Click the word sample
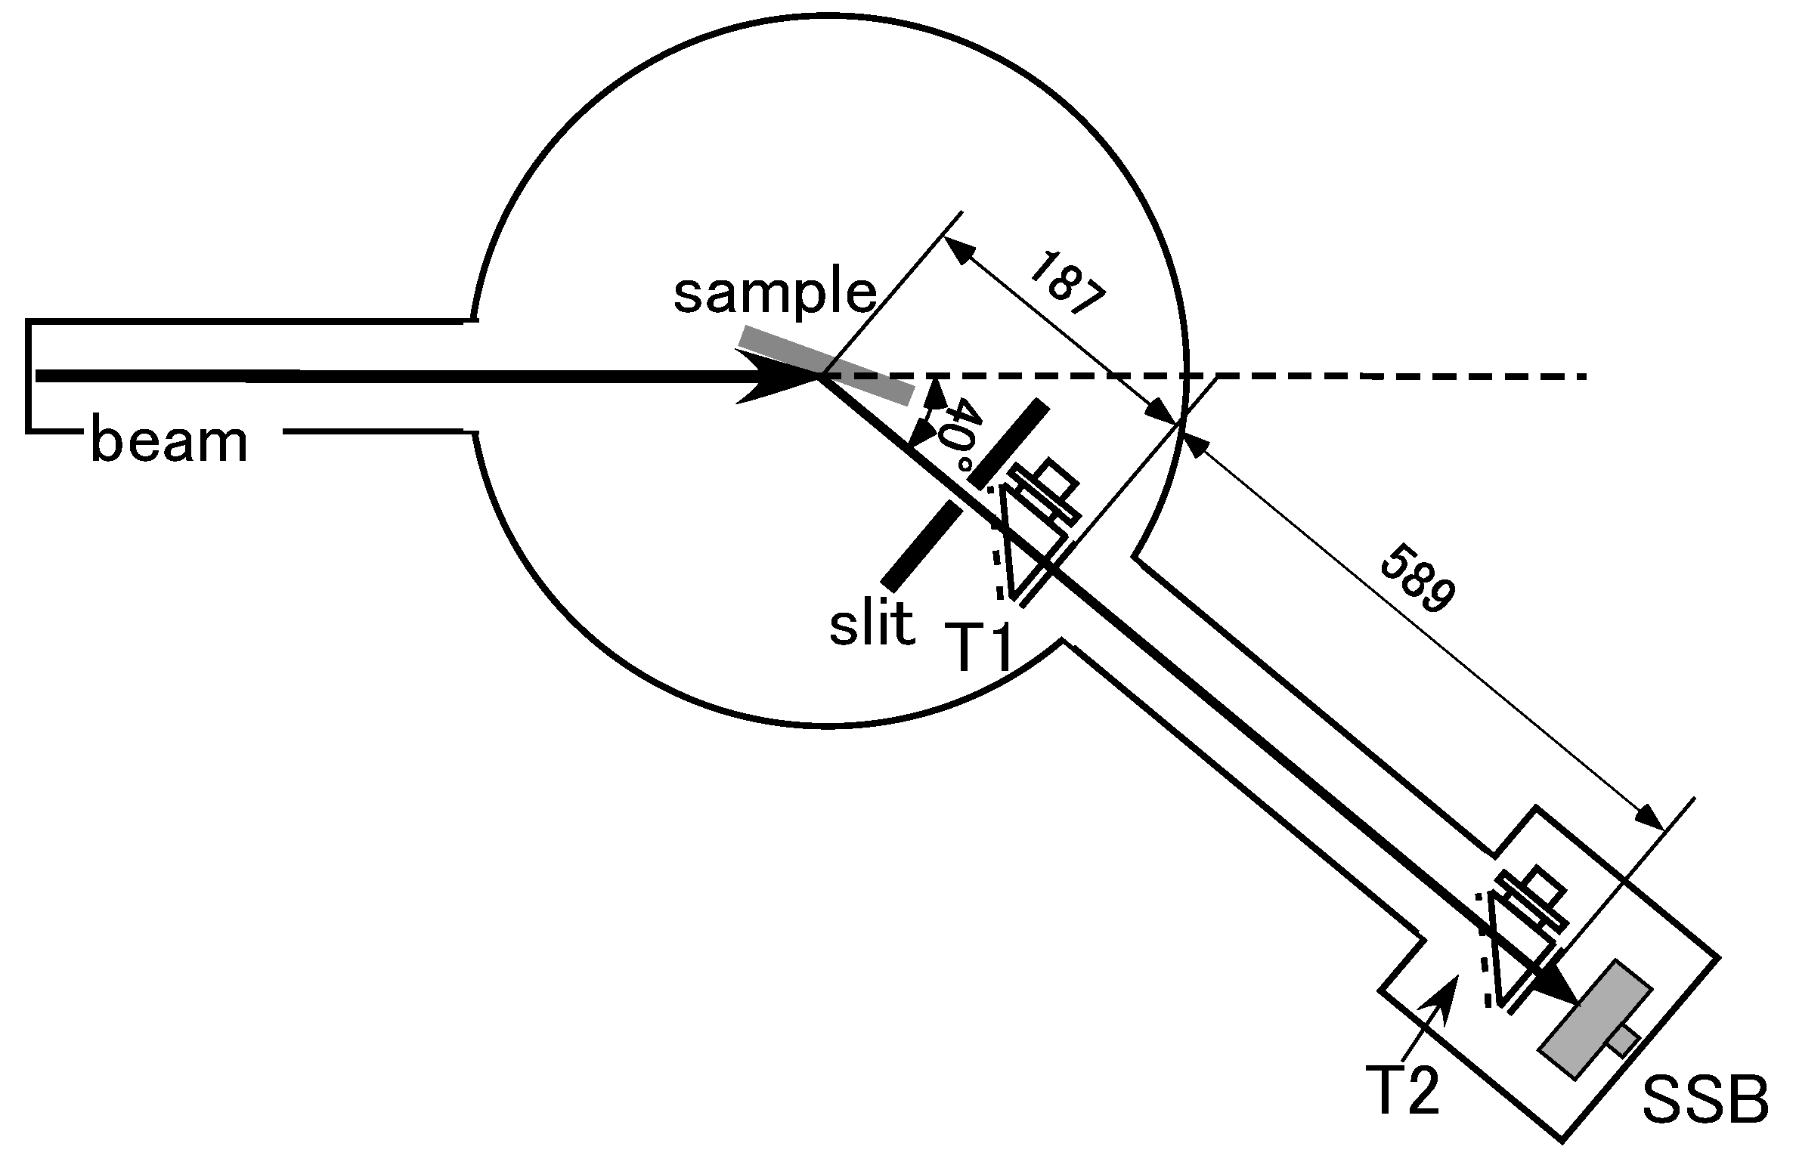tap(775, 295)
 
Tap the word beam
tap(169, 443)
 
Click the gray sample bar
tap(826, 366)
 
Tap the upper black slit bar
tap(1009, 445)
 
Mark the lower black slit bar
tap(922, 547)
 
